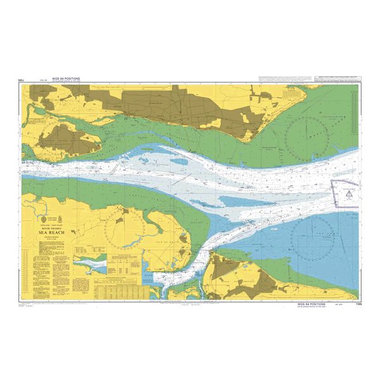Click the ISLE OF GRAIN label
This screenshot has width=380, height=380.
(x=166, y=243)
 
